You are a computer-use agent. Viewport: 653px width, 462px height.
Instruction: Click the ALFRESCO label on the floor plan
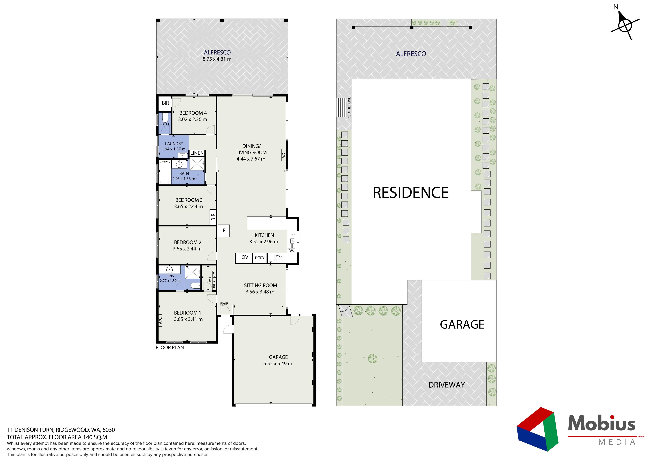(217, 52)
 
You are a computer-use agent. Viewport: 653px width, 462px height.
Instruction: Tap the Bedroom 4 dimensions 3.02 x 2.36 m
(192, 119)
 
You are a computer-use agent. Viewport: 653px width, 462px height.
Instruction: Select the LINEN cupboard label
(197, 153)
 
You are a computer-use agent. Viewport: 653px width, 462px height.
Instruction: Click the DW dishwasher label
(291, 251)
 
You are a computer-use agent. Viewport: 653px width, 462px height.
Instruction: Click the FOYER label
(224, 303)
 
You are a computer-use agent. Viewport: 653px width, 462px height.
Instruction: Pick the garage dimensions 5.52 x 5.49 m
(278, 363)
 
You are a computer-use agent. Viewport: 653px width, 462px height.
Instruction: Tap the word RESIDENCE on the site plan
(410, 193)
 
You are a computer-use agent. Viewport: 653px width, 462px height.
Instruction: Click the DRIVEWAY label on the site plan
(447, 385)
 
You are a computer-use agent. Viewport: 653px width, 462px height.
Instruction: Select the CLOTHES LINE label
(349, 108)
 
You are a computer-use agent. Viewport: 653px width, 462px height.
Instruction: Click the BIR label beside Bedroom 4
(165, 103)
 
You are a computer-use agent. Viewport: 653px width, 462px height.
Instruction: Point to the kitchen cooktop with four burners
(278, 258)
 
